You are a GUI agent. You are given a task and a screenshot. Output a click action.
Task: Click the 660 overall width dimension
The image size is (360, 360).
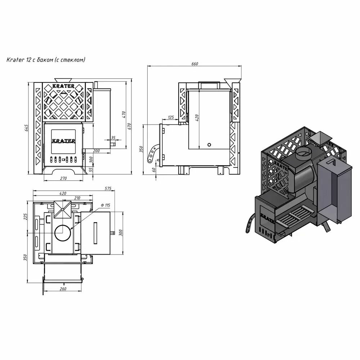tap(195, 64)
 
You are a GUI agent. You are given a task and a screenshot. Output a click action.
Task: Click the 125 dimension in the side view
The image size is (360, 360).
tap(171, 117)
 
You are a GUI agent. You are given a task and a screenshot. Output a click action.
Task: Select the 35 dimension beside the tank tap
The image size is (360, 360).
tap(113, 138)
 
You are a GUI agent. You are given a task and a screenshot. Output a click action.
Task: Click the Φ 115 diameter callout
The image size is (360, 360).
tap(105, 205)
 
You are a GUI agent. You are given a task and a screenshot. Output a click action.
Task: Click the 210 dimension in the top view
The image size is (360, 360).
tap(77, 198)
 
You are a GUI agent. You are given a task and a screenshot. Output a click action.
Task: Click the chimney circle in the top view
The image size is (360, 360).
tap(63, 233)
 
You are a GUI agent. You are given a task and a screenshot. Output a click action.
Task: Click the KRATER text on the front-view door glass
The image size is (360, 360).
tap(63, 140)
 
